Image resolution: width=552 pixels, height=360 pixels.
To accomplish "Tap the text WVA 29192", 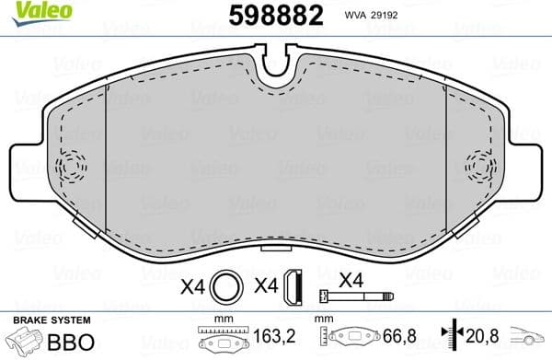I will point(397,17).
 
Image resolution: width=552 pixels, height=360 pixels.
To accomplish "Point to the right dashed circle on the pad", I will point(480,168).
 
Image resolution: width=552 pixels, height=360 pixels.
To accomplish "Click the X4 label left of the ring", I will point(192,286).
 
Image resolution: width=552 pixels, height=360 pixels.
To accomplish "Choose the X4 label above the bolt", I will point(351,278).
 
